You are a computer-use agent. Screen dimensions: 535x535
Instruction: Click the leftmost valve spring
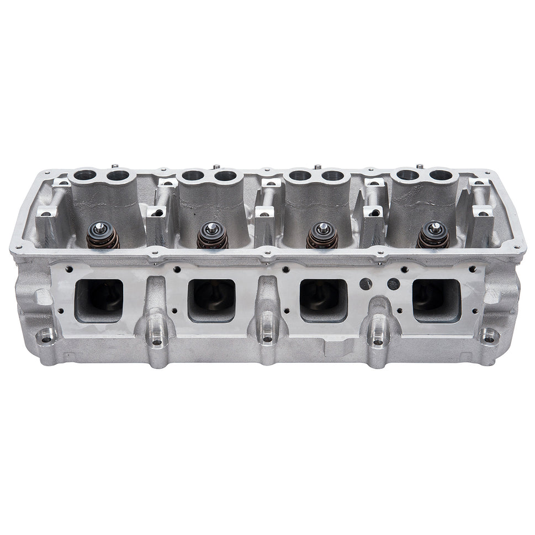point(103,236)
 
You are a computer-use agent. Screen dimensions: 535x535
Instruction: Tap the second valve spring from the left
point(212,236)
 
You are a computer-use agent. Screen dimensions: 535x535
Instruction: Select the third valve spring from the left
point(322,236)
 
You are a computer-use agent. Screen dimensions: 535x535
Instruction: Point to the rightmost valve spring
point(432,236)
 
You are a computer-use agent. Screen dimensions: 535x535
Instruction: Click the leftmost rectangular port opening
point(99,300)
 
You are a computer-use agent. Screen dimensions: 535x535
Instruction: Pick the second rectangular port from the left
point(212,300)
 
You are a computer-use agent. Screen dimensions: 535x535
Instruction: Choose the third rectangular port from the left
point(324,300)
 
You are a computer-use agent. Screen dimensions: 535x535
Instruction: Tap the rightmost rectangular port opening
point(437,300)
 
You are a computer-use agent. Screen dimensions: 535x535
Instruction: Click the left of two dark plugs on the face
point(366,284)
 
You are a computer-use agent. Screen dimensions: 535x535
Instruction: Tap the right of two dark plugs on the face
point(393,284)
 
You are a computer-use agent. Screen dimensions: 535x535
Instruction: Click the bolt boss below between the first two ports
point(157,342)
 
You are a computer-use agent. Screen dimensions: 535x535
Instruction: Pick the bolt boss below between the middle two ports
point(268,342)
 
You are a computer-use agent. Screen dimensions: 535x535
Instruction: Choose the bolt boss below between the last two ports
point(378,342)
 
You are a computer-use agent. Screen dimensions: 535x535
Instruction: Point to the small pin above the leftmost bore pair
point(113,166)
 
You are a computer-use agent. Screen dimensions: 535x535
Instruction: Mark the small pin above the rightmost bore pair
point(421,165)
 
